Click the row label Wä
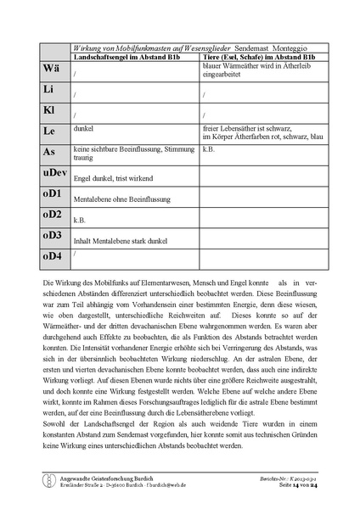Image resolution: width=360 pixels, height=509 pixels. coord(50,68)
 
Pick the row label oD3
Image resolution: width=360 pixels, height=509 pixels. coord(53,235)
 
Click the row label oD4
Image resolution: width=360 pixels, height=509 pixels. coord(53,255)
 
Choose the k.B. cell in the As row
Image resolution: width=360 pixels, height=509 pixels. coord(209,148)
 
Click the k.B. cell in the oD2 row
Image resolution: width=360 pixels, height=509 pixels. coord(81,220)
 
